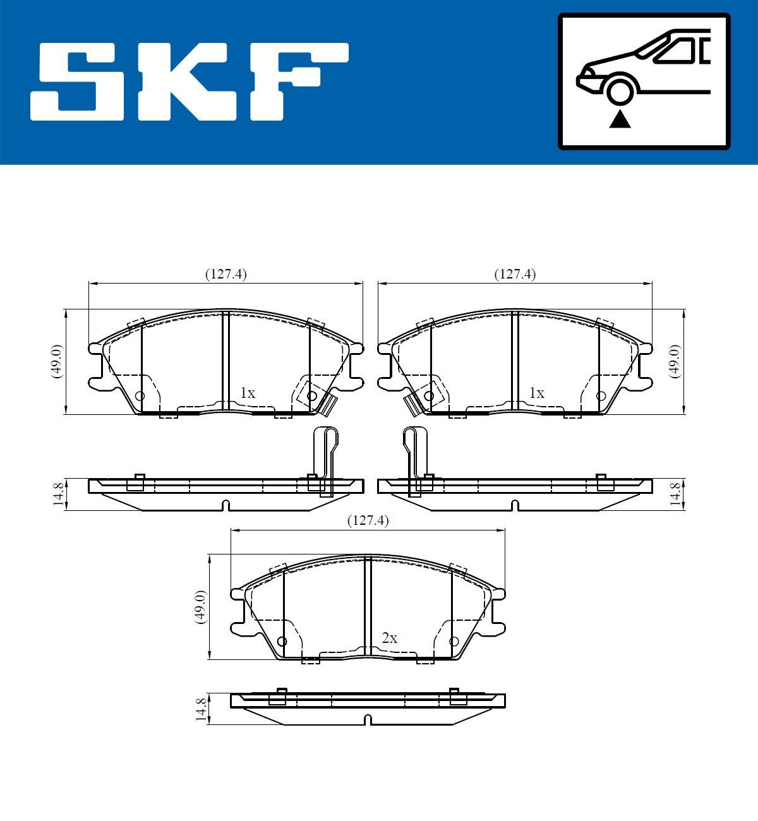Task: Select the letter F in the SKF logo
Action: point(296,81)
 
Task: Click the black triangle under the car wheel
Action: point(620,119)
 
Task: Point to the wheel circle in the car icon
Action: point(620,90)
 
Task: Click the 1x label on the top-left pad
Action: point(248,393)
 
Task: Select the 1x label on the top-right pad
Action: point(536,393)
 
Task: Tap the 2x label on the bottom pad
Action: point(390,638)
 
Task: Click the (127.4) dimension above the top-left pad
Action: point(226,274)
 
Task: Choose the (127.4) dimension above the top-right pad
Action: point(515,274)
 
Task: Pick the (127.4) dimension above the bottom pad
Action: point(368,520)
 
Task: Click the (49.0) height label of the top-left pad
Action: point(57,361)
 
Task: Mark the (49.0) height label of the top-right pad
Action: point(675,361)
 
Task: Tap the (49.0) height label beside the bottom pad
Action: point(200,607)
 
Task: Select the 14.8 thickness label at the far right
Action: point(675,494)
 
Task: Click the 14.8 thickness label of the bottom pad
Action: point(201,709)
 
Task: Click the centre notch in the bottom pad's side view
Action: point(368,720)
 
